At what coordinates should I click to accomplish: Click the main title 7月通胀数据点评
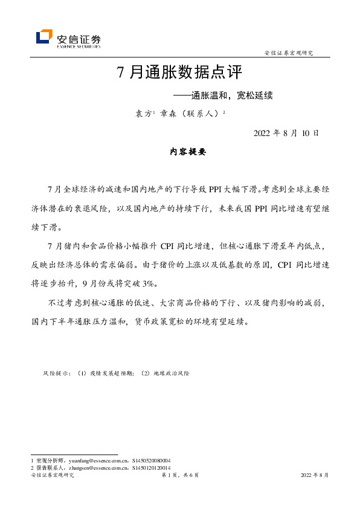179,73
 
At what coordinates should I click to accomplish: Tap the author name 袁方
143,113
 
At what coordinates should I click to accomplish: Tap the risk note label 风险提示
57,374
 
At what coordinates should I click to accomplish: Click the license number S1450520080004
150,460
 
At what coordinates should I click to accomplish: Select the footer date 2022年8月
315,476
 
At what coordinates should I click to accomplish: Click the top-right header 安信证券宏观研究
289,53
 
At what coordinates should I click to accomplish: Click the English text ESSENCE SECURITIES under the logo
79,46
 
